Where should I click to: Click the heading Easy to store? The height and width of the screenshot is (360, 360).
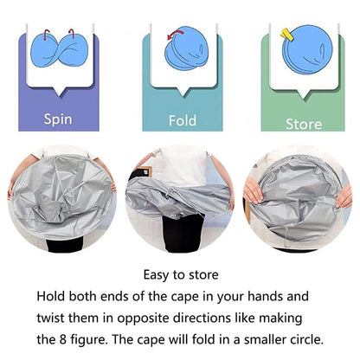point(180,275)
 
